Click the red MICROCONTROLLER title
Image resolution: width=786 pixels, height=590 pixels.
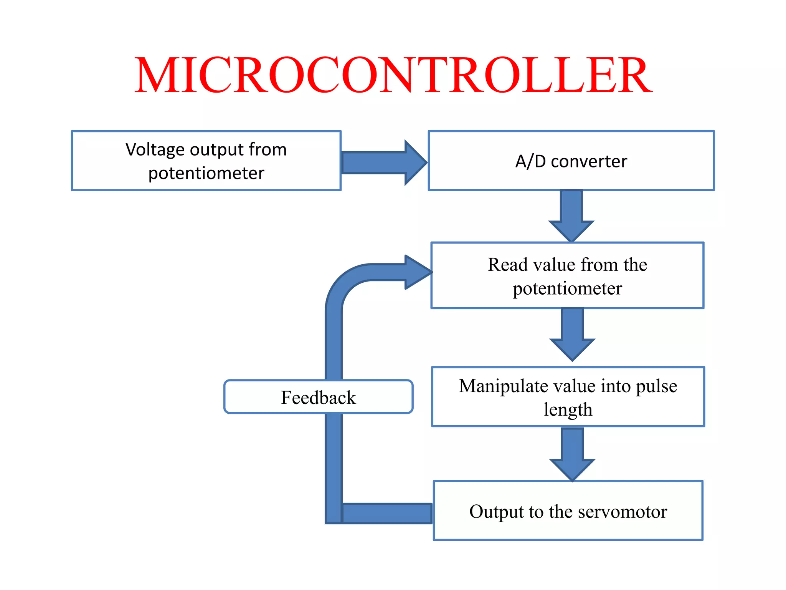tap(393, 75)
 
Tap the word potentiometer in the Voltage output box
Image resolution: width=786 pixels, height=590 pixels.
tap(206, 173)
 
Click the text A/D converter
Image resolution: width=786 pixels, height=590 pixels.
tap(571, 161)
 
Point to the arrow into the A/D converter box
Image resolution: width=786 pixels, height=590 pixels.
tap(384, 162)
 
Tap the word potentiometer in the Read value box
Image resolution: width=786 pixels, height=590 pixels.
tap(567, 288)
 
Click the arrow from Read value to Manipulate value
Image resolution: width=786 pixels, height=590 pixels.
tap(572, 334)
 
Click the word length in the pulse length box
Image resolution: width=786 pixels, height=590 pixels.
tap(568, 410)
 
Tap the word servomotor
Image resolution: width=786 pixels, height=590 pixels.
tap(622, 512)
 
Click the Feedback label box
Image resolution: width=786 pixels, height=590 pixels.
tap(318, 397)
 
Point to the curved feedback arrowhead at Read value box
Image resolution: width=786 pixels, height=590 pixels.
tap(416, 272)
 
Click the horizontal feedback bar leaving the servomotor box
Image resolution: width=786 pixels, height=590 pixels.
tap(386, 514)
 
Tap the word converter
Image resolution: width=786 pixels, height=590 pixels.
tap(589, 161)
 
